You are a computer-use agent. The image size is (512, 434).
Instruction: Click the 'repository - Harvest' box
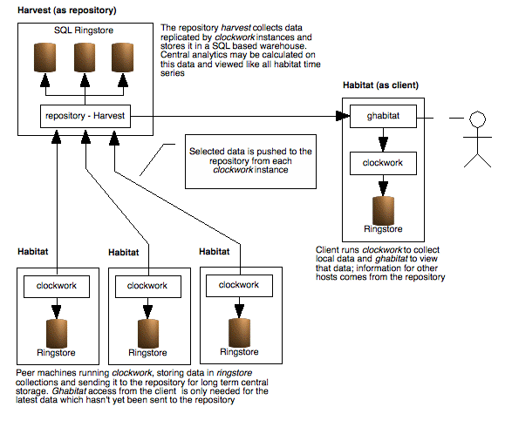[x=85, y=116]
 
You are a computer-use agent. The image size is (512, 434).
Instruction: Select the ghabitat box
[x=383, y=116]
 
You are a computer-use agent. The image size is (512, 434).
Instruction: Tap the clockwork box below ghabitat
[x=383, y=163]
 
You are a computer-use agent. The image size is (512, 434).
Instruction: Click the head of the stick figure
[x=477, y=119]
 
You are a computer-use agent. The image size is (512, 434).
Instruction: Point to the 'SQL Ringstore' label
[x=84, y=31]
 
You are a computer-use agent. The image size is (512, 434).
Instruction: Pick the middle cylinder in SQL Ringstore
[x=85, y=58]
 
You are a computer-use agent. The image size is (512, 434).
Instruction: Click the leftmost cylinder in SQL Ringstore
[x=45, y=58]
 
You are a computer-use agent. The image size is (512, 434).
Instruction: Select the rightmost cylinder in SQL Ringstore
[x=122, y=58]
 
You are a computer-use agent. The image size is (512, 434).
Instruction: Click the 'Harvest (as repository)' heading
[x=67, y=10]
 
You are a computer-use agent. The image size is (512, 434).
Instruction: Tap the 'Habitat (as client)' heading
[x=380, y=85]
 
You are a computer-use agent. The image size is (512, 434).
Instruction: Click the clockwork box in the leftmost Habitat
[x=57, y=287]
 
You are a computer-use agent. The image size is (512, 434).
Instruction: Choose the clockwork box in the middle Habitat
[x=148, y=287]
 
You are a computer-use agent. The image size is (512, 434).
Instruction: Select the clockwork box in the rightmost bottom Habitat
[x=239, y=286]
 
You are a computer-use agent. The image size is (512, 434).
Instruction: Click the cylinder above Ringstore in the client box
[x=384, y=211]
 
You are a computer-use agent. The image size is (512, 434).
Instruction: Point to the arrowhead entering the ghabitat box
[x=343, y=116]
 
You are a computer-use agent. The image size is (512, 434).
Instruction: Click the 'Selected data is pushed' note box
[x=250, y=161]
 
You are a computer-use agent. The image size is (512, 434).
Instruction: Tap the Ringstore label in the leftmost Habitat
[x=56, y=353]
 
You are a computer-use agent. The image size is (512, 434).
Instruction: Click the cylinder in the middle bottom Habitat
[x=148, y=334]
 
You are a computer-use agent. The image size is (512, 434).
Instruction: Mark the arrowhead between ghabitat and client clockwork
[x=384, y=145]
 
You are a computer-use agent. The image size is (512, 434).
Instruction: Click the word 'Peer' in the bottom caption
[x=24, y=373]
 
